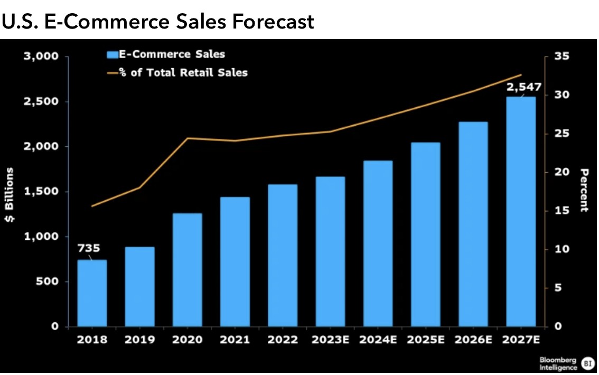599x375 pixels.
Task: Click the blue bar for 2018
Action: [92, 293]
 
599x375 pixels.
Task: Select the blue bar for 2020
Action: [187, 270]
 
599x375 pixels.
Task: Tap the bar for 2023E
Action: [330, 251]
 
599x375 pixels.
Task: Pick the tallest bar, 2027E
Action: [521, 211]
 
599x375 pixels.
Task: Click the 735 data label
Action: [89, 248]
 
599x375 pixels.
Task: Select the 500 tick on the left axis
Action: [48, 282]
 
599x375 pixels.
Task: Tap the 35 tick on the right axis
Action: [559, 57]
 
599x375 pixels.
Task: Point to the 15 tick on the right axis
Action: [559, 211]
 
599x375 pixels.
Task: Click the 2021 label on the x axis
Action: [235, 340]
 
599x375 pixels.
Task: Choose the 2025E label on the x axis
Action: [425, 340]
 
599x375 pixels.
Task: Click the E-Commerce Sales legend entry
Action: [166, 54]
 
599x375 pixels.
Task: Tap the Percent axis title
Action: [584, 190]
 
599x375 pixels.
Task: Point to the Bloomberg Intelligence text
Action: [558, 363]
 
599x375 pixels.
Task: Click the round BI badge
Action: [586, 363]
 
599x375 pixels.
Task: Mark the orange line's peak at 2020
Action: [188, 138]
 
